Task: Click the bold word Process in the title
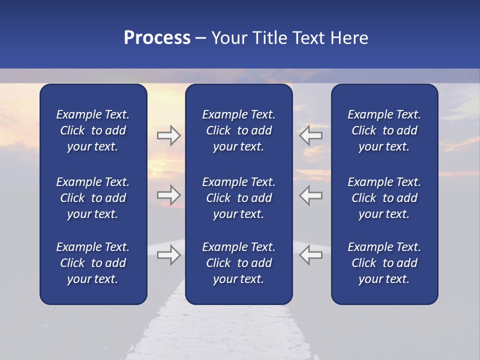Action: click(157, 38)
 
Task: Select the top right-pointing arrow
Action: click(168, 135)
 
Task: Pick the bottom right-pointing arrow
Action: click(168, 254)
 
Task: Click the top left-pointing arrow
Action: click(311, 135)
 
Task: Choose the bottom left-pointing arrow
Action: click(311, 254)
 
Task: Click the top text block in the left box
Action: click(93, 130)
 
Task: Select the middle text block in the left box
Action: click(93, 198)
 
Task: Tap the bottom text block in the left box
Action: click(93, 263)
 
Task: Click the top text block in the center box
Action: click(238, 130)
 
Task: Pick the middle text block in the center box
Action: click(238, 198)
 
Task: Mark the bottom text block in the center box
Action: click(238, 263)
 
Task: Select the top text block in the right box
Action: click(384, 130)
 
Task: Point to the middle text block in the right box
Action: click(384, 198)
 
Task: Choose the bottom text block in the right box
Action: click(384, 263)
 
